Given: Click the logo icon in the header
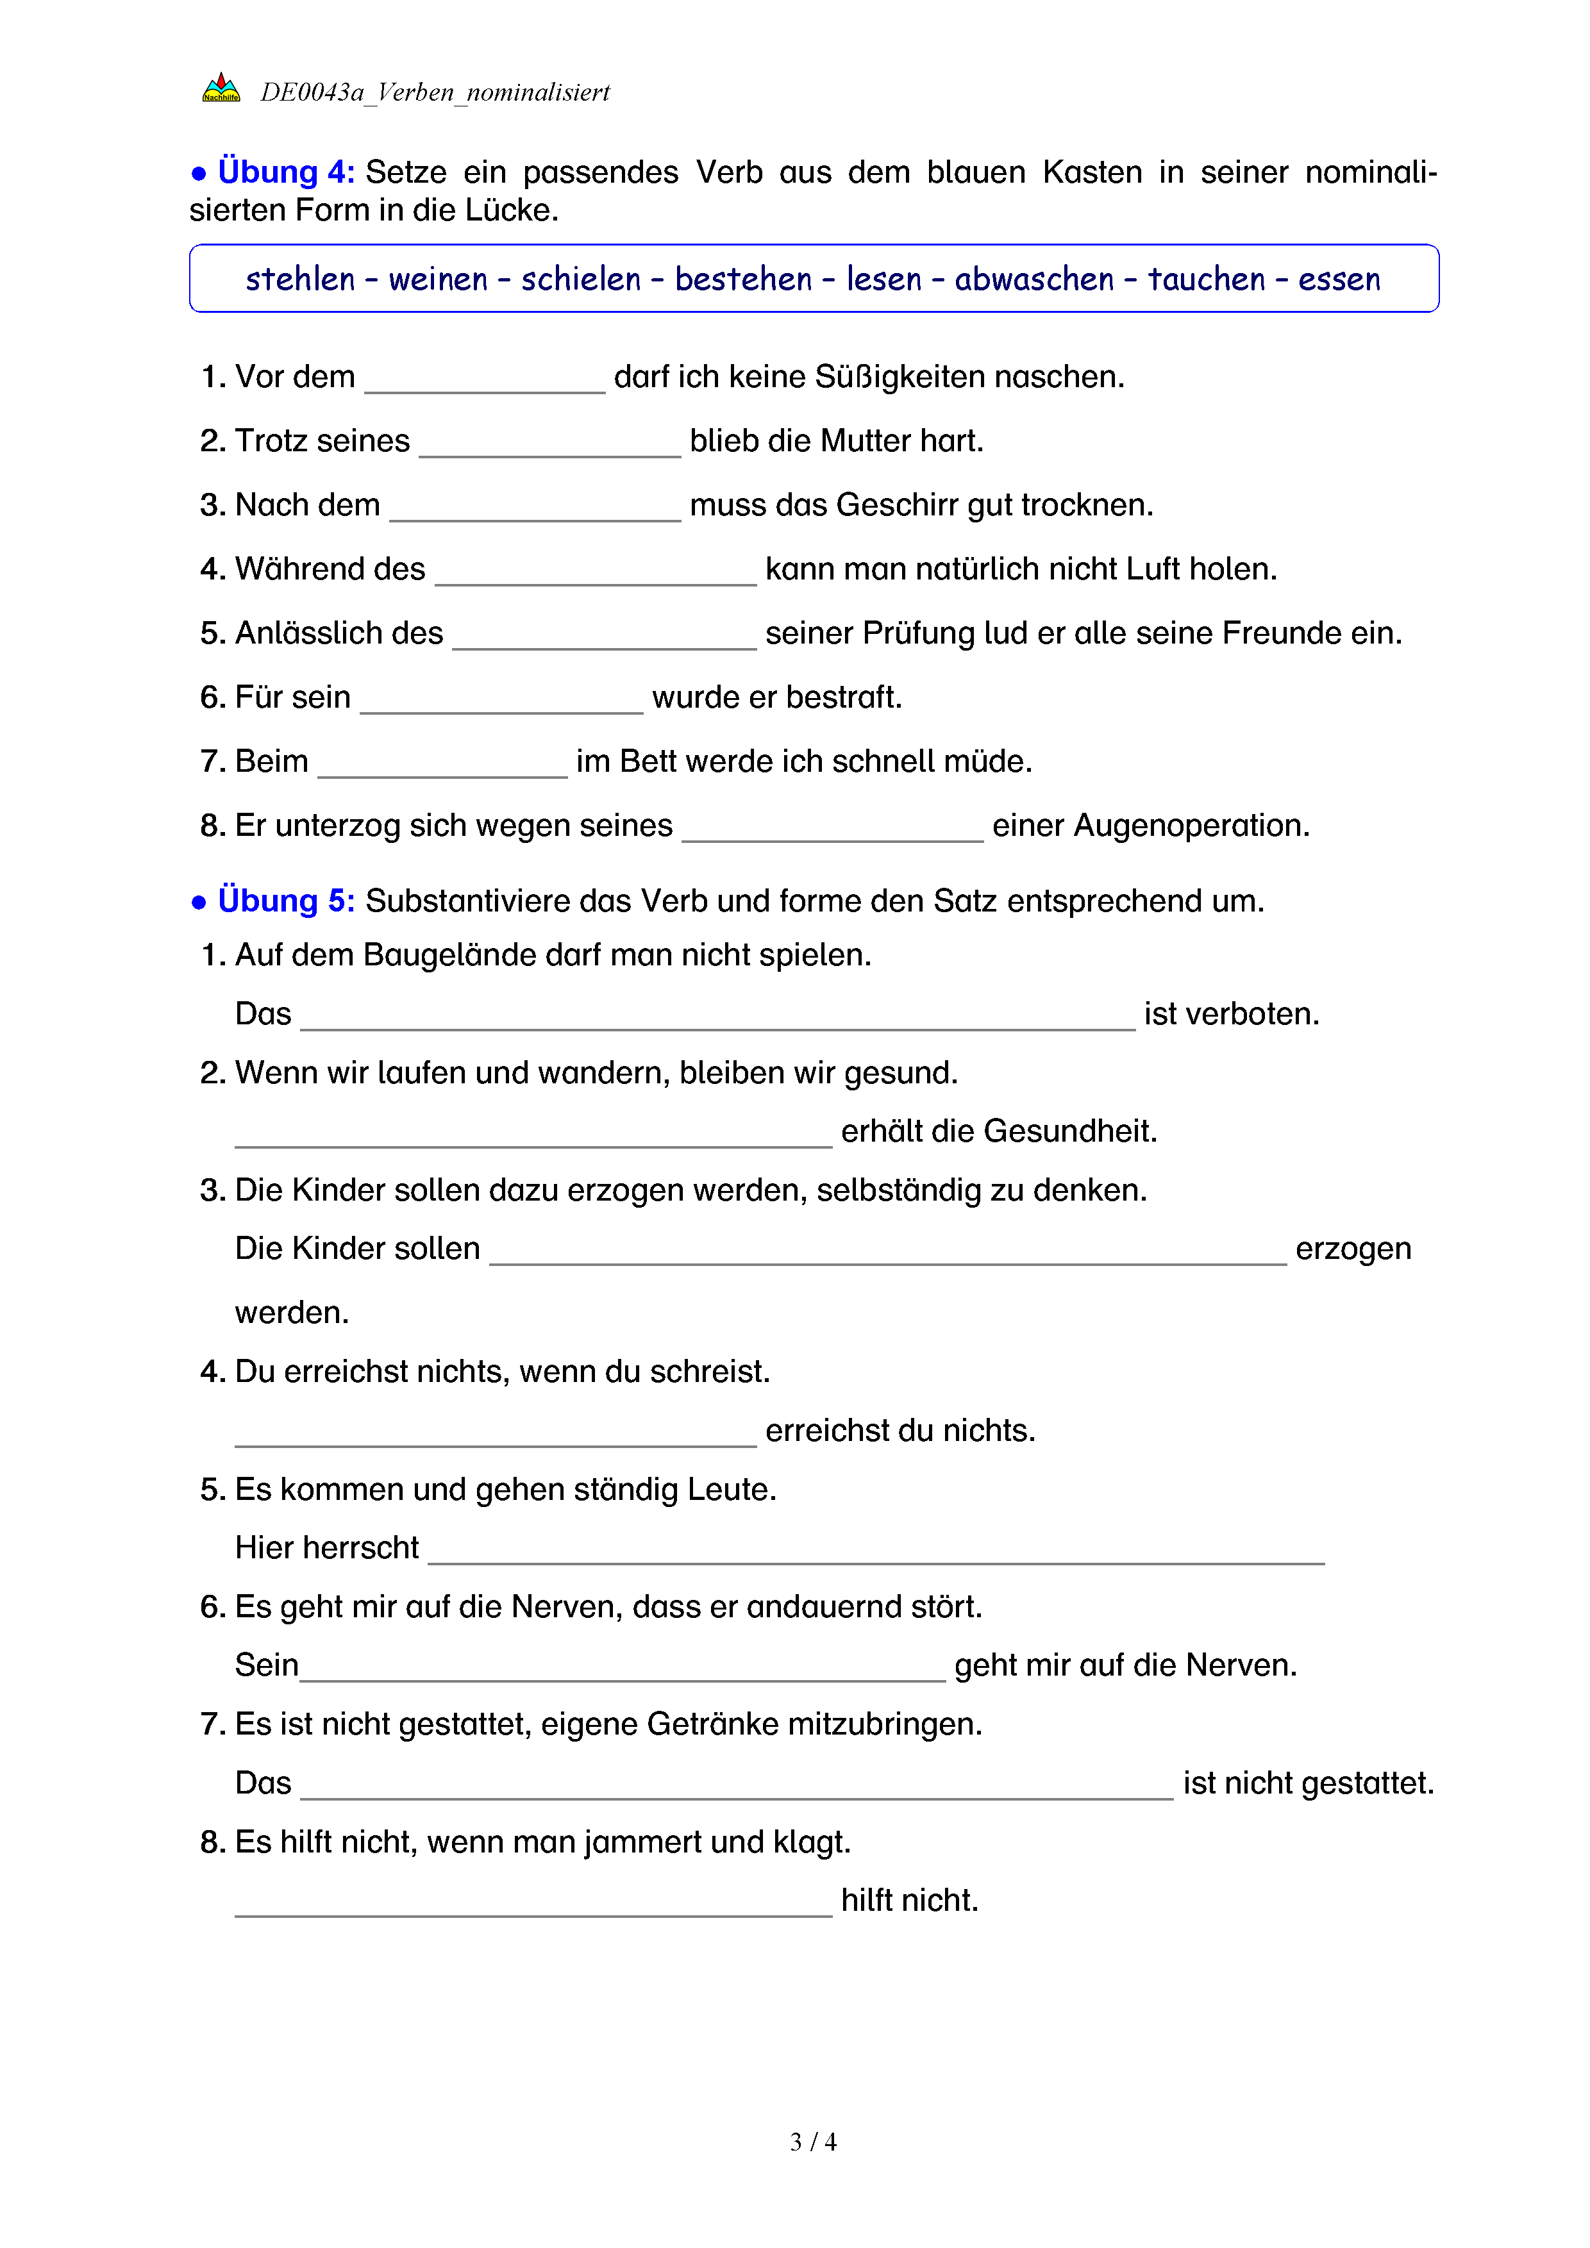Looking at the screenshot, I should (x=221, y=89).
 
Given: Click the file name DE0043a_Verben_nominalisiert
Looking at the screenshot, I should (x=435, y=92).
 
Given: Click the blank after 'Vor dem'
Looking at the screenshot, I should (x=485, y=383).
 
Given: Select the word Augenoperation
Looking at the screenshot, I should (x=1191, y=826).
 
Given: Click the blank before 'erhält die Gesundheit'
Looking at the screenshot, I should (x=533, y=1136).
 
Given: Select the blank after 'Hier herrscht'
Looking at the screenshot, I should (x=876, y=1554).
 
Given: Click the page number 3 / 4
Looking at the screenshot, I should (x=812, y=2142).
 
